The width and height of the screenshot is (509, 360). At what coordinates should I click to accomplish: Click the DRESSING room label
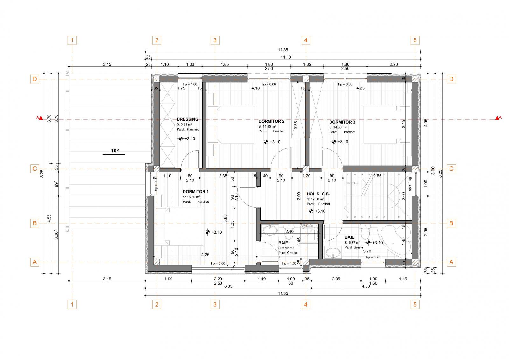click(x=187, y=119)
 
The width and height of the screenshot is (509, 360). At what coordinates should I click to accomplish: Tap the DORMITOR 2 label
click(x=271, y=121)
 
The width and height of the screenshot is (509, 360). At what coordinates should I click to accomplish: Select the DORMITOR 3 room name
click(x=342, y=122)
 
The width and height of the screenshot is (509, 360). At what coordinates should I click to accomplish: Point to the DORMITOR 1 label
click(x=196, y=192)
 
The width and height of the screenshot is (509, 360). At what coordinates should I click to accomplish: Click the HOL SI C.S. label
click(x=318, y=194)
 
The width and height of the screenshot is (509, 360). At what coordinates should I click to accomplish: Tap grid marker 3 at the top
click(x=215, y=40)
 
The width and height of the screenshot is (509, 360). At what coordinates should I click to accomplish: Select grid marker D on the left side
click(x=34, y=79)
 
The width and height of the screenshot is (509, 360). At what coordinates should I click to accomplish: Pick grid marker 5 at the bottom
click(x=415, y=305)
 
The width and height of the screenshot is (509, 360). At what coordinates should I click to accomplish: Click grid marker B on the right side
click(x=451, y=223)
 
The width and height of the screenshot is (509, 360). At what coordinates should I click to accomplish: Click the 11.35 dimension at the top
click(x=282, y=50)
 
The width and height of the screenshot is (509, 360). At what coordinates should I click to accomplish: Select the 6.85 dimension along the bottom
click(x=228, y=286)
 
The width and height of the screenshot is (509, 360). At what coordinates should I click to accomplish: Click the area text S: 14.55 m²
click(x=267, y=126)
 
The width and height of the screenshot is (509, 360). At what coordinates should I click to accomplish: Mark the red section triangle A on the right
click(x=497, y=118)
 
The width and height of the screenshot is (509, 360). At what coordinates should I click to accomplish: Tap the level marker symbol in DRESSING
click(x=181, y=138)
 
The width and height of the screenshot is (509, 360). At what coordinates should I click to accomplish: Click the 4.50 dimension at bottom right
click(x=366, y=286)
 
